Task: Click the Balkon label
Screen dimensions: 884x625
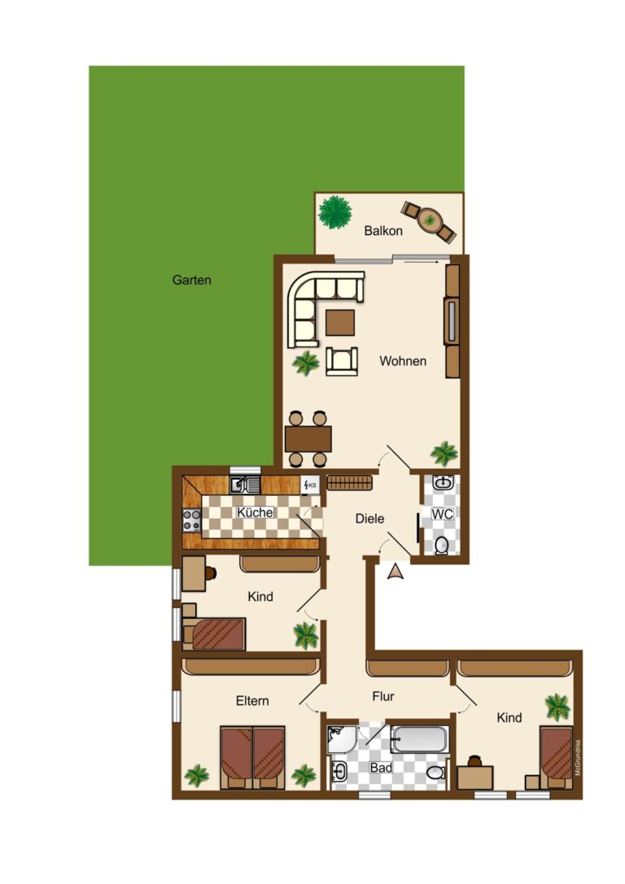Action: click(383, 231)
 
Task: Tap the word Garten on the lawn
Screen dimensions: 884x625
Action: click(192, 280)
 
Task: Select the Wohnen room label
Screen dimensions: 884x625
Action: click(402, 361)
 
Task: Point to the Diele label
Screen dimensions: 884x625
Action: click(369, 518)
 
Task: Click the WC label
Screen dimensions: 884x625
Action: click(442, 514)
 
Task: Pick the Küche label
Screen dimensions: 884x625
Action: click(255, 512)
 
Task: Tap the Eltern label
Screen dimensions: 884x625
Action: click(252, 701)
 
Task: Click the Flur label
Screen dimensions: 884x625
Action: click(383, 696)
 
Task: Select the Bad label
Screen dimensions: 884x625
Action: click(381, 767)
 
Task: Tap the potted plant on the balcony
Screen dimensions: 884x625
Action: click(334, 211)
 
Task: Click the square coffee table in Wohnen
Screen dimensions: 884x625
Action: click(340, 323)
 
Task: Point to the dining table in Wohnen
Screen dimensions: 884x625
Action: click(308, 439)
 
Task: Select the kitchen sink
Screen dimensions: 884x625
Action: click(244, 485)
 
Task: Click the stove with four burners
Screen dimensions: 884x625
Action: click(191, 520)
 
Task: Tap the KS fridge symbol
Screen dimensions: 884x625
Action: click(310, 486)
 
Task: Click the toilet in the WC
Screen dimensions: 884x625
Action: click(441, 544)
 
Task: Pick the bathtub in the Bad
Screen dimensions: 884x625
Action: click(418, 739)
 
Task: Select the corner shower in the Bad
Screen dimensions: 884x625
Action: click(341, 738)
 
